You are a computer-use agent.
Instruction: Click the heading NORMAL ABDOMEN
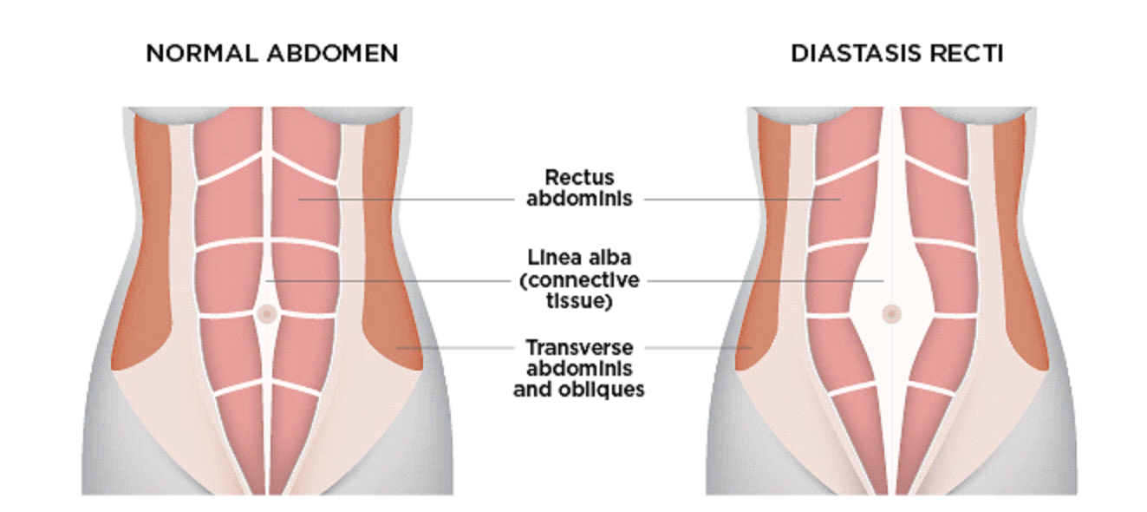coord(271,54)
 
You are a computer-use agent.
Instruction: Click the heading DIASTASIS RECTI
coord(896,54)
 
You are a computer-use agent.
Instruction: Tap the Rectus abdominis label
coord(579,188)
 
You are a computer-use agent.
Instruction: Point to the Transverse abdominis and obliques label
coord(578,368)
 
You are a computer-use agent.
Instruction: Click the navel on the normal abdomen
coord(266,313)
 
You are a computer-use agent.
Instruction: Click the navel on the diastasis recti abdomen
coord(891,313)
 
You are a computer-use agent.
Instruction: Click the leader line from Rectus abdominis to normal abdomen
coord(407,199)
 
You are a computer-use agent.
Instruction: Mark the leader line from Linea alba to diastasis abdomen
coord(763,280)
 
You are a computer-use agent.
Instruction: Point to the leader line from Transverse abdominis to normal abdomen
coord(455,347)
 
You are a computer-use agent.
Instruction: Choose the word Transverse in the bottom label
coord(579,347)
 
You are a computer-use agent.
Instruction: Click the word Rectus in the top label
coord(580,178)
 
